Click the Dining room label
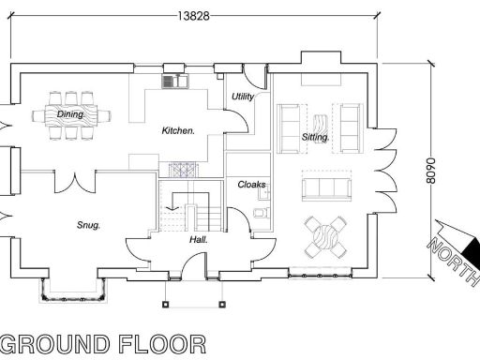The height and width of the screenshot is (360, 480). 71,113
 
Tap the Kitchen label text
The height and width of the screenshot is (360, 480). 178,130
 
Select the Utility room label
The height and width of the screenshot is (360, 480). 243,97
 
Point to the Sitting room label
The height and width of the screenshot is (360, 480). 316,137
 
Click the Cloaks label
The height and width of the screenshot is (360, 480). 251,185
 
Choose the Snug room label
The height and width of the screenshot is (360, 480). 88,225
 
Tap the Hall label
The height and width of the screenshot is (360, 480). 198,239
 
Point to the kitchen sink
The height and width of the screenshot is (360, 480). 174,82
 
